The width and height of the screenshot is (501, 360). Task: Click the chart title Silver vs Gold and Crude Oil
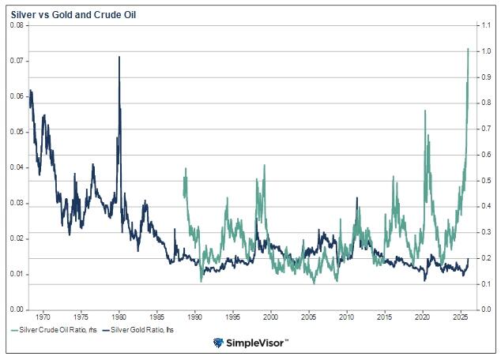coord(65,13)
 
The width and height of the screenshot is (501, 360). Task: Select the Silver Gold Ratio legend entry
coord(145,328)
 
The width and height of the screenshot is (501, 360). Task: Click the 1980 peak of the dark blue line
coord(119,57)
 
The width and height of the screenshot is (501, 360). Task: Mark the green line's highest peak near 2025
coord(468,49)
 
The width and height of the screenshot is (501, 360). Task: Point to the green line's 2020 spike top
coord(425,111)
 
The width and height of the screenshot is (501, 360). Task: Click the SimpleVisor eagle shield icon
coord(218,343)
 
